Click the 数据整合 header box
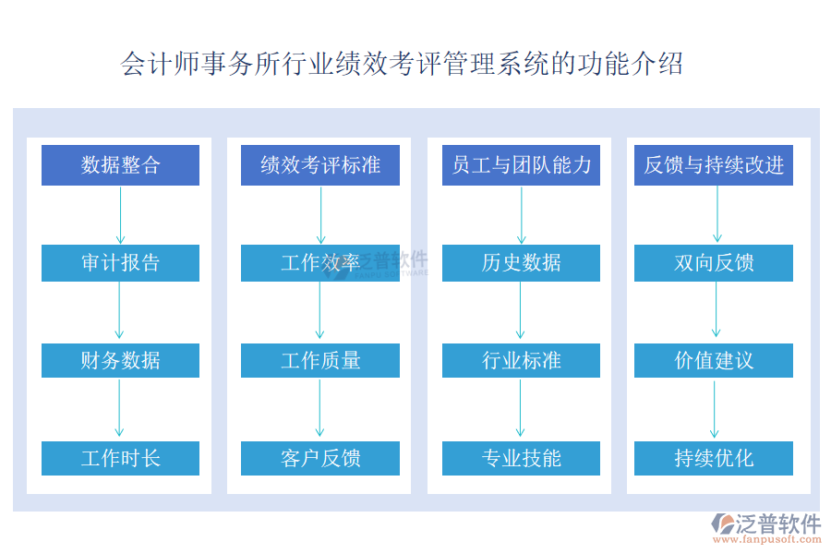pos(120,165)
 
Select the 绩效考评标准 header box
pos(320,165)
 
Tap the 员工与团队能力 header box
pos(521,165)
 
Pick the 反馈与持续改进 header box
pos(714,165)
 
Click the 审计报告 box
pos(120,263)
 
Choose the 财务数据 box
pos(120,360)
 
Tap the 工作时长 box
pos(120,458)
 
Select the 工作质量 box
pos(320,360)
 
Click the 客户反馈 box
pos(320,458)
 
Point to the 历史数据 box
pos(521,263)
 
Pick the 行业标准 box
pos(521,360)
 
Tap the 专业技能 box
pos(521,458)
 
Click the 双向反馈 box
pos(714,263)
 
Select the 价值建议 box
pos(714,360)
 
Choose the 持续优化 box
pos(714,458)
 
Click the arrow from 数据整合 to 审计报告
pos(120,215)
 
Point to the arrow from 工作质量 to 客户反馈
pos(319,408)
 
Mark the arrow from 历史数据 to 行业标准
pos(520,310)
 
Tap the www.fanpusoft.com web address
pos(767,539)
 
